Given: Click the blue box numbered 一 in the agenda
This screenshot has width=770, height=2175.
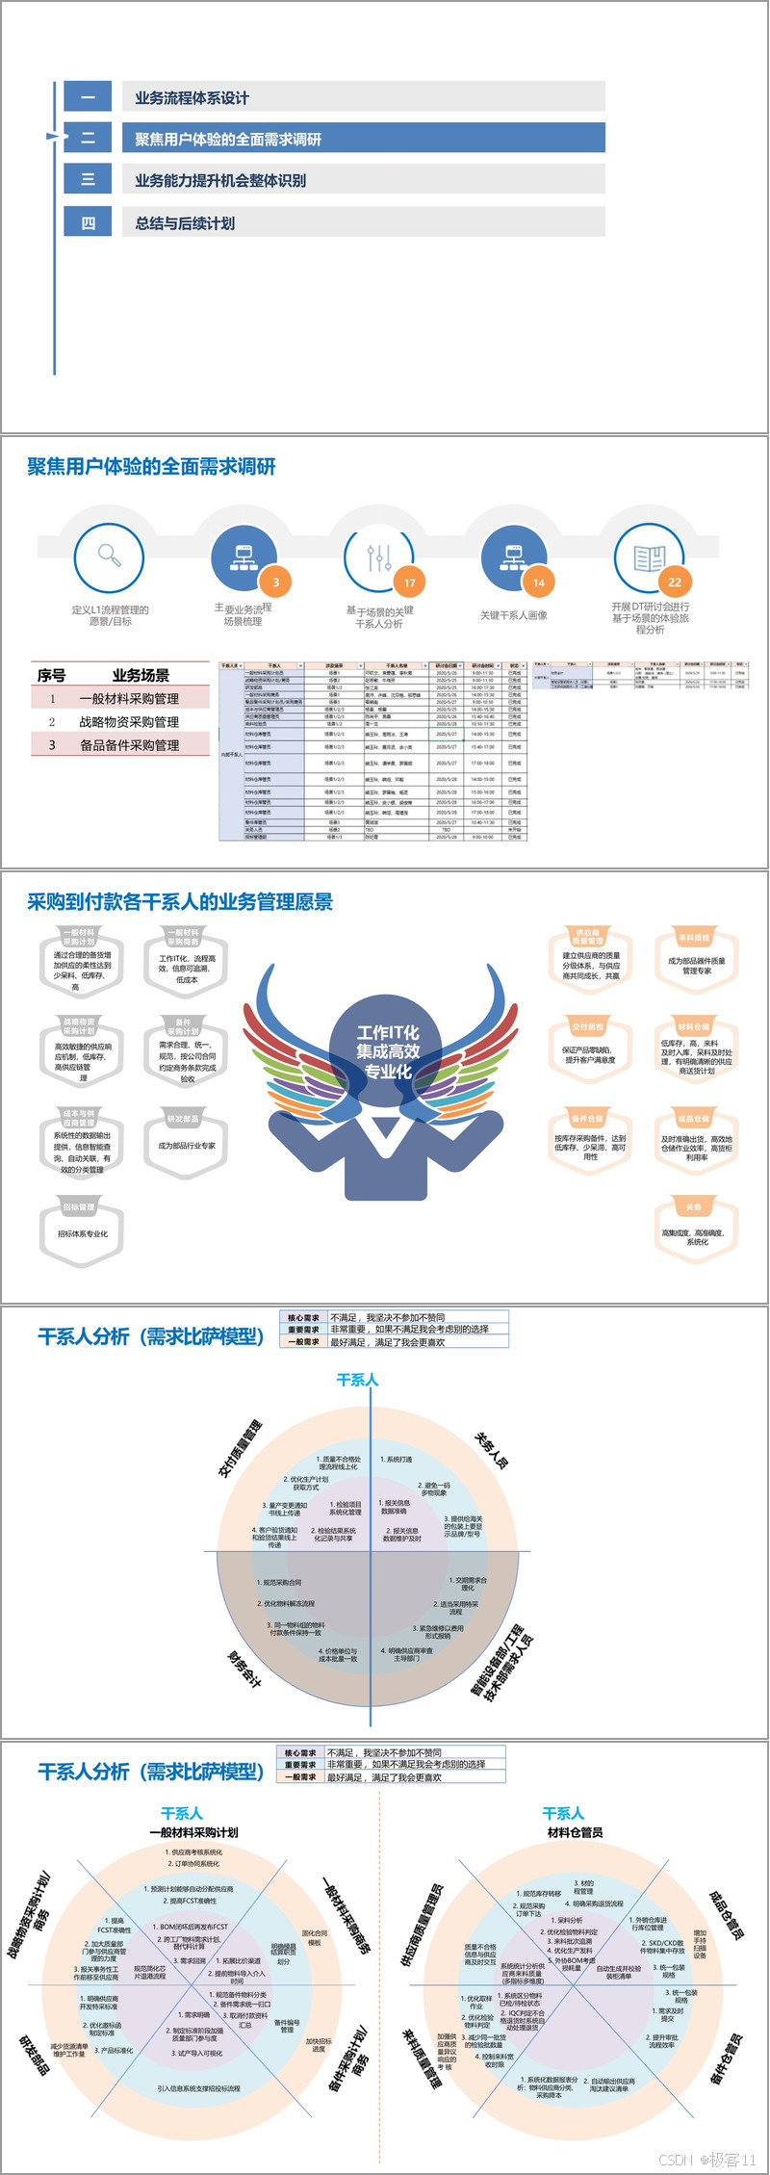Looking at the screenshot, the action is pyautogui.click(x=88, y=96).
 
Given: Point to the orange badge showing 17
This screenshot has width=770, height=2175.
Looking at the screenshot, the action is pyautogui.click(x=410, y=583).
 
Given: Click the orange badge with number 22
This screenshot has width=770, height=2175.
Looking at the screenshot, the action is pyautogui.click(x=675, y=583).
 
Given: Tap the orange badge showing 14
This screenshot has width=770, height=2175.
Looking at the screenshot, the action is pyautogui.click(x=539, y=583).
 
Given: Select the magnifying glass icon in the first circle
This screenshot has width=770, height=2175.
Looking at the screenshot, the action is pyautogui.click(x=110, y=556).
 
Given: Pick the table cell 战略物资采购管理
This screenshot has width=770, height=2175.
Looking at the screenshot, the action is pyautogui.click(x=129, y=721).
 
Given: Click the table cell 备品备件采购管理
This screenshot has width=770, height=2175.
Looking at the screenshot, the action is pyautogui.click(x=129, y=744).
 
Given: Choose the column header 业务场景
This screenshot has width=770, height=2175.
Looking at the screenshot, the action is pyautogui.click(x=141, y=675).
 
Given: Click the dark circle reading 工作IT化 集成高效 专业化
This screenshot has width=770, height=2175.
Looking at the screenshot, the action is pyautogui.click(x=388, y=1051).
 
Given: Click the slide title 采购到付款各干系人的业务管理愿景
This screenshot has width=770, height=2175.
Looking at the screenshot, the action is pyautogui.click(x=180, y=902).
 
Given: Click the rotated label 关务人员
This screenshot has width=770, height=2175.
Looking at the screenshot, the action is pyautogui.click(x=492, y=1449).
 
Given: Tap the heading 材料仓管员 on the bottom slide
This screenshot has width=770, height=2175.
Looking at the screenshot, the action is pyautogui.click(x=575, y=1832).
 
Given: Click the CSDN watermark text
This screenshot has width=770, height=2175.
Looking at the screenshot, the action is pyautogui.click(x=707, y=2160).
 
